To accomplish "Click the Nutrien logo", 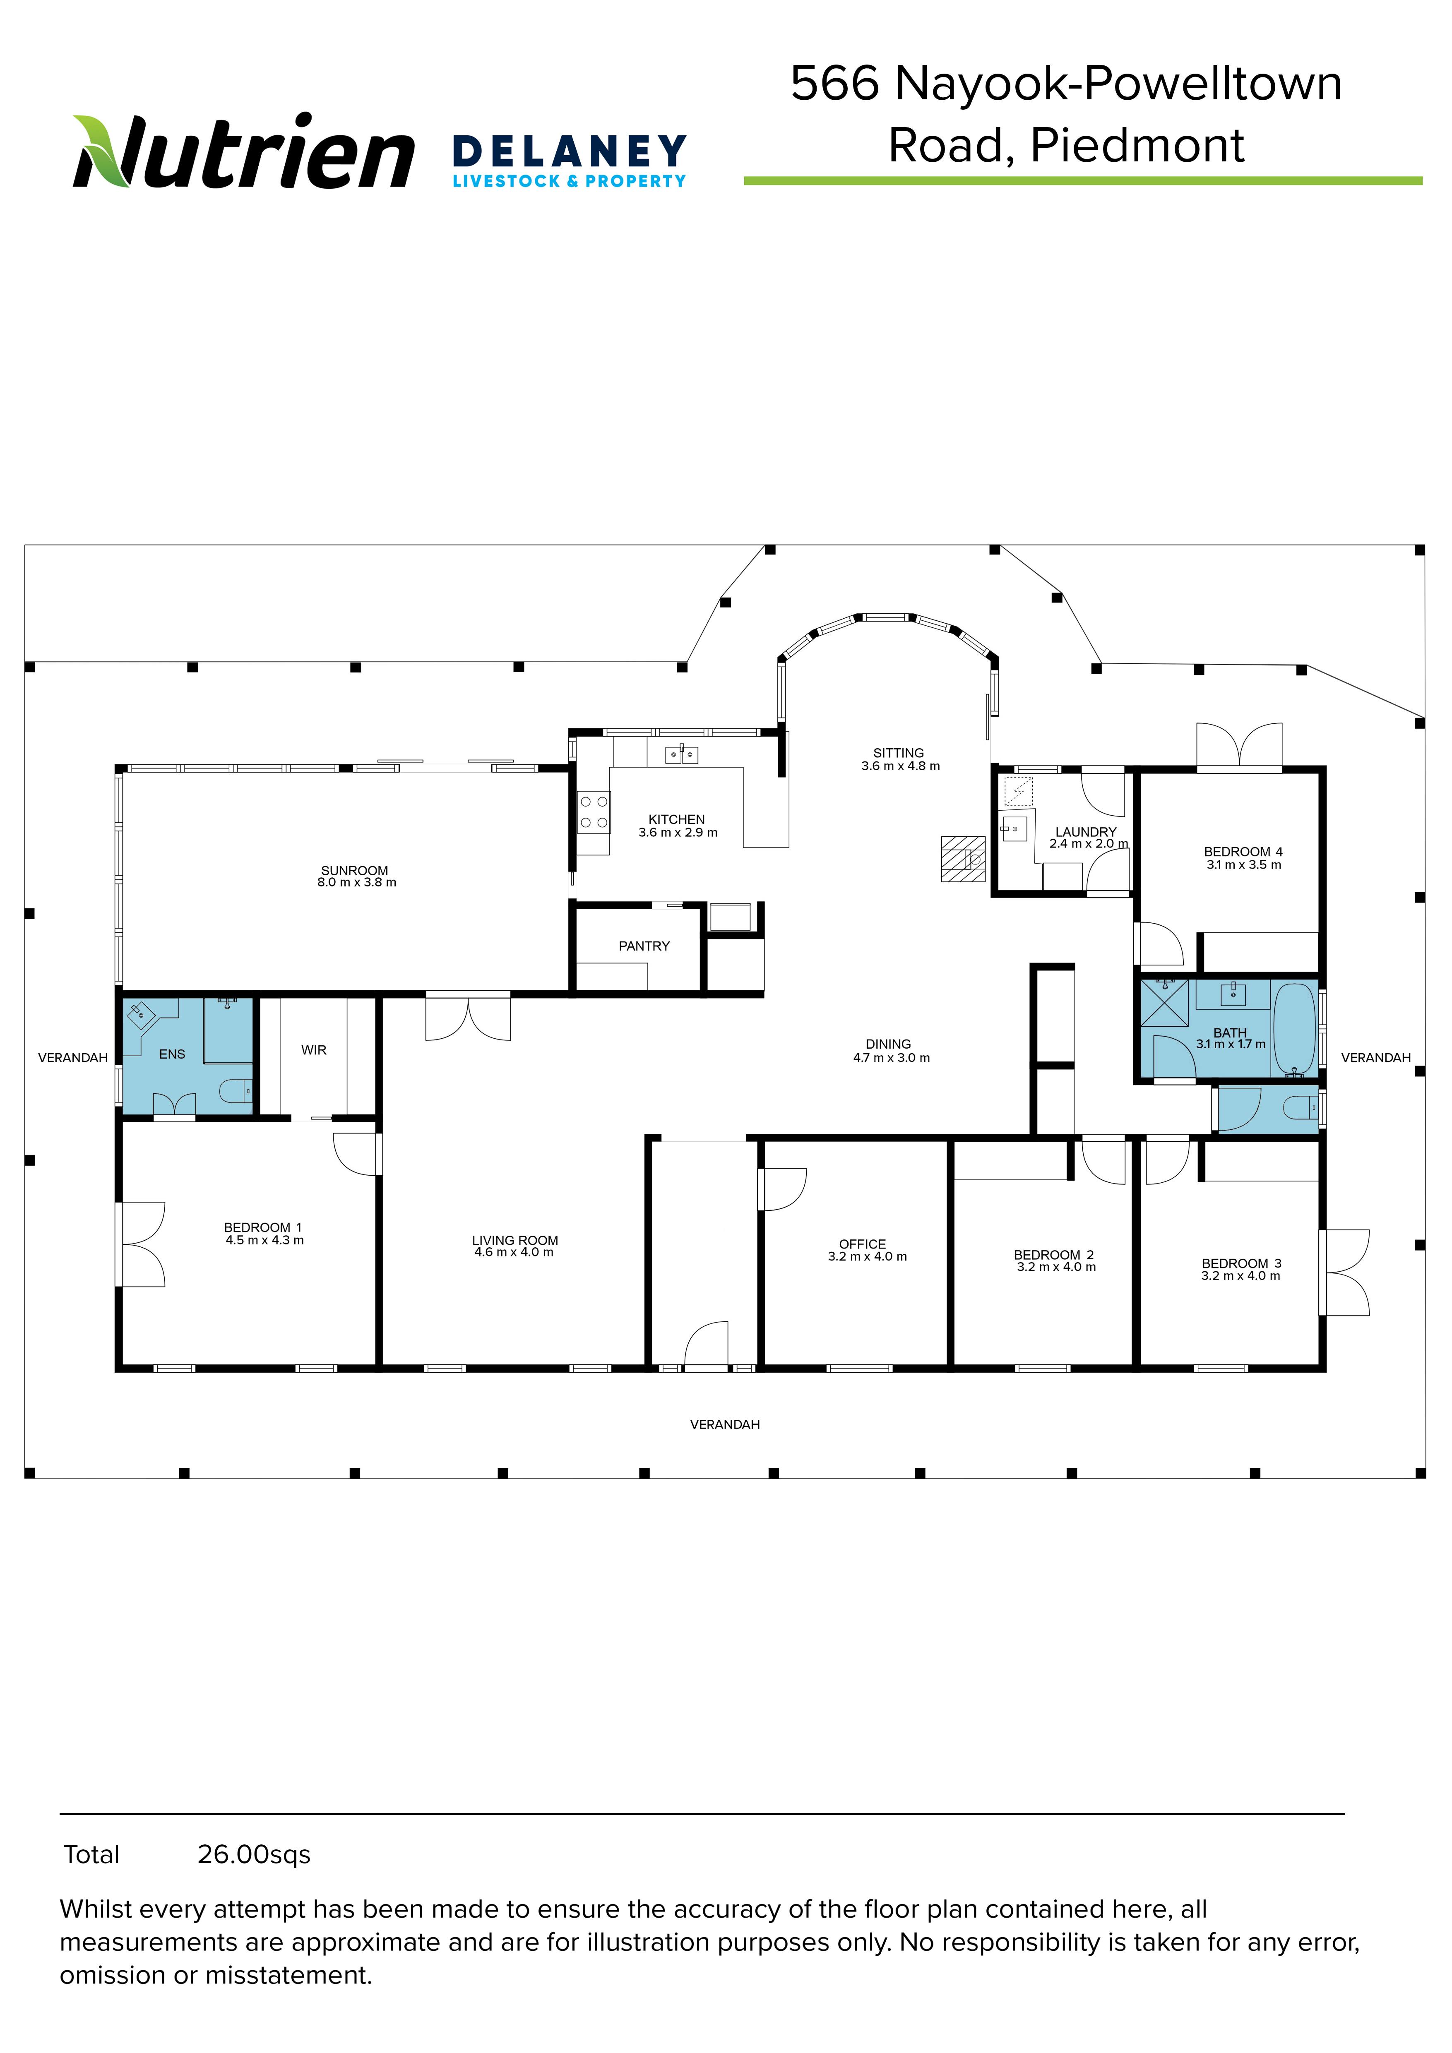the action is (243, 152).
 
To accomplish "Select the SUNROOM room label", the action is (355, 870).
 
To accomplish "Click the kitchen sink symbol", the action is (681, 755).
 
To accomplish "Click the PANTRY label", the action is (644, 946).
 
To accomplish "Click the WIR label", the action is (314, 1050).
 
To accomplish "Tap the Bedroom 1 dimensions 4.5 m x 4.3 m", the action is (264, 1240).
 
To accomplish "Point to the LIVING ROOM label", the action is (515, 1240).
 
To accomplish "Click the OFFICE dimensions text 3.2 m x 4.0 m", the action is (867, 1256).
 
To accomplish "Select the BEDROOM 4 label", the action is (1243, 851).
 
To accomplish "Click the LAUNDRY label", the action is (1087, 831).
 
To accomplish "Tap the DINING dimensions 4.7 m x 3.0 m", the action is (892, 1058).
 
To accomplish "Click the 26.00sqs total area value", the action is (254, 1855).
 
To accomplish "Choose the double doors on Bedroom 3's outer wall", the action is (1344, 1273).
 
